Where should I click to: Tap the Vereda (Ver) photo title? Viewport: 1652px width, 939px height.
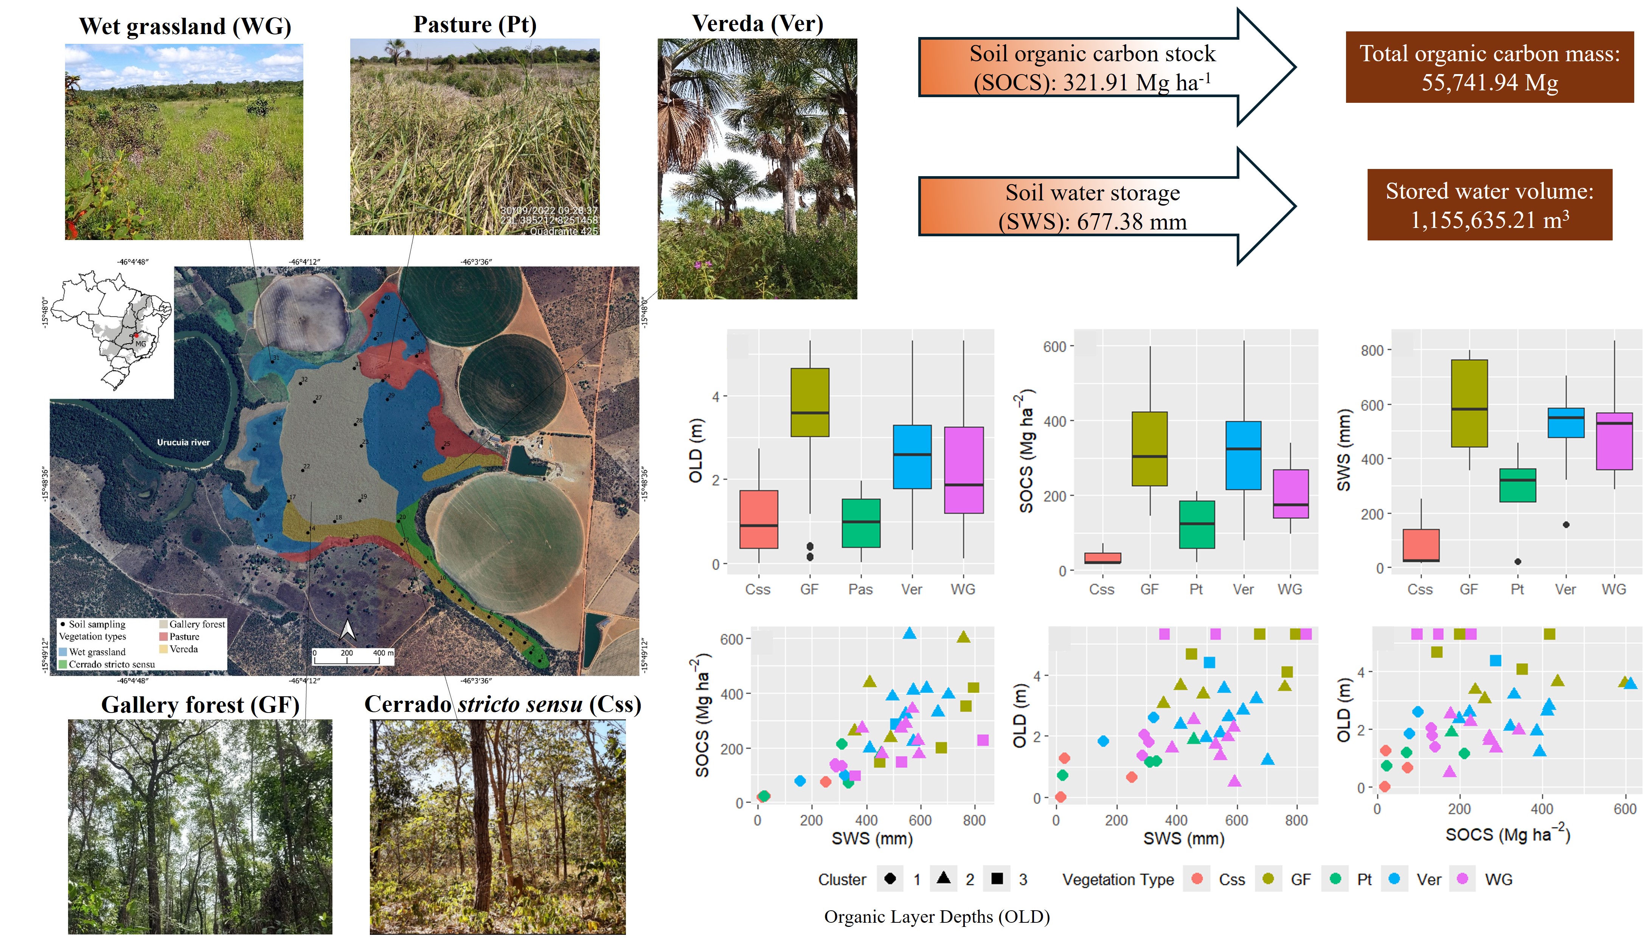757,24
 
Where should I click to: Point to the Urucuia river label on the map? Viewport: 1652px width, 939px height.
183,442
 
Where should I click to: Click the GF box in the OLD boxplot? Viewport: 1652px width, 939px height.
810,403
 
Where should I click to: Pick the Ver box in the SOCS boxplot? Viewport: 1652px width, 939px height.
1243,455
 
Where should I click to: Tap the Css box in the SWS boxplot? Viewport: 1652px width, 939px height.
1421,545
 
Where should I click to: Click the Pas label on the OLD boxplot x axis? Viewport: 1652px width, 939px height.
860,589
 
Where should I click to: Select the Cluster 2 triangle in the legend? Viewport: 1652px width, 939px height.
943,879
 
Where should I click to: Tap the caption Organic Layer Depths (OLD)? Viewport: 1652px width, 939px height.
937,916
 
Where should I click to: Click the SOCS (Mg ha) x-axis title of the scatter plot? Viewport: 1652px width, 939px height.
1507,835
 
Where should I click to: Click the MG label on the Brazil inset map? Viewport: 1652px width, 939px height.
140,344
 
